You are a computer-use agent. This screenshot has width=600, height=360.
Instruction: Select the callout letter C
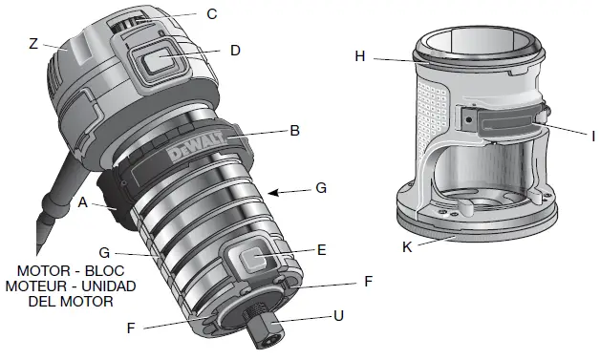[x=211, y=13]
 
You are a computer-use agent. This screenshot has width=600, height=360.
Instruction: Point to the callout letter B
[x=296, y=130]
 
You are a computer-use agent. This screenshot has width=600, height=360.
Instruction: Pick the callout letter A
[x=84, y=202]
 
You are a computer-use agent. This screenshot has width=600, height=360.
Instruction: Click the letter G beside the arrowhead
[x=321, y=189]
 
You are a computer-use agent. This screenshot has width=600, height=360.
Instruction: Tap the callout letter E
[x=322, y=250]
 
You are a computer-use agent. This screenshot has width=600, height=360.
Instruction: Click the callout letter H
[x=360, y=56]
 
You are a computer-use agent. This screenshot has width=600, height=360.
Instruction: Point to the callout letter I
[x=593, y=137]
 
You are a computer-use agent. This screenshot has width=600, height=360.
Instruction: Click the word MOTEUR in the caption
[x=34, y=286]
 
